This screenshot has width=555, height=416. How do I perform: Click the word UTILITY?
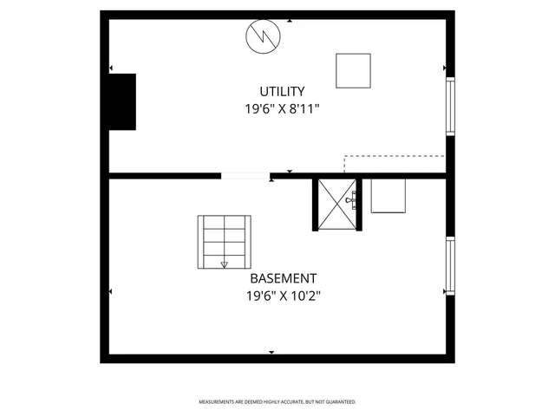(282, 91)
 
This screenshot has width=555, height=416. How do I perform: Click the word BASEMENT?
(283, 278)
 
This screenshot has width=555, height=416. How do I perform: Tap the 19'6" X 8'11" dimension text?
(282, 109)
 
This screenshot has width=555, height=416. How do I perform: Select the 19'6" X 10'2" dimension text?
(283, 296)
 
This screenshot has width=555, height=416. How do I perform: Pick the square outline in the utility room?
(353, 71)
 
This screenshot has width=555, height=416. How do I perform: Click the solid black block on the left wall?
(121, 101)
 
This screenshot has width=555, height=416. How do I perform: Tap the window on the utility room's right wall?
(450, 106)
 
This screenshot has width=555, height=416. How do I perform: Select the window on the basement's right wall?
(450, 265)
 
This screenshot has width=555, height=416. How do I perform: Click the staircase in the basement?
(225, 242)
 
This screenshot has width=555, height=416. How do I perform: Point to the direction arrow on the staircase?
(225, 263)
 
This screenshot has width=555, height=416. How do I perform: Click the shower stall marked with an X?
(336, 205)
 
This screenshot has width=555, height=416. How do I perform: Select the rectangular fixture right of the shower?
(388, 196)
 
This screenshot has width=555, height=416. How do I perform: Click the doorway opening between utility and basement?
(245, 176)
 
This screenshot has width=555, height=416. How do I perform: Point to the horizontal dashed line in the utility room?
(395, 157)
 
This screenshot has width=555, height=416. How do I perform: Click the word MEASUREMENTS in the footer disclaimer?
(218, 402)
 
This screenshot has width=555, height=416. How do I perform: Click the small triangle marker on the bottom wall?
(271, 352)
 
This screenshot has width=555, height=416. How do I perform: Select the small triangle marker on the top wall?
(290, 20)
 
